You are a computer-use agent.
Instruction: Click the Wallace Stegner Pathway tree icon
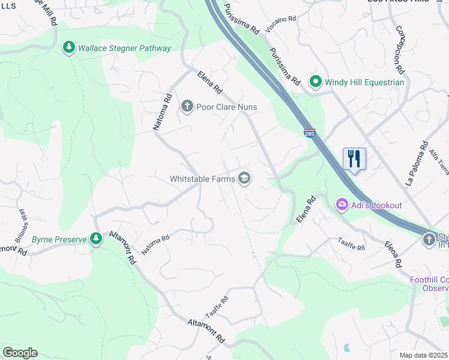click(x=69, y=47)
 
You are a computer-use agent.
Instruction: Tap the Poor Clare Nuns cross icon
click(x=187, y=107)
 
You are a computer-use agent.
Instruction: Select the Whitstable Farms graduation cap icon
click(x=244, y=178)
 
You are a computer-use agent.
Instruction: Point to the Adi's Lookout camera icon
click(x=342, y=205)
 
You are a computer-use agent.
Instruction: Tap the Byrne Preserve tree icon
click(x=95, y=239)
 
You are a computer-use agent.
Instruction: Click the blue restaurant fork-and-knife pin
click(x=354, y=159)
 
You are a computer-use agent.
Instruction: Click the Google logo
click(x=20, y=353)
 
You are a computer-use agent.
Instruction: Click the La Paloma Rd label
click(x=417, y=164)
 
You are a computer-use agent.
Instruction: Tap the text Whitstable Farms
click(x=202, y=179)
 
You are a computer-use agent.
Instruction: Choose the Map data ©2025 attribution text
click(x=424, y=355)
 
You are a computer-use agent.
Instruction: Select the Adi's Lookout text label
click(x=376, y=205)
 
